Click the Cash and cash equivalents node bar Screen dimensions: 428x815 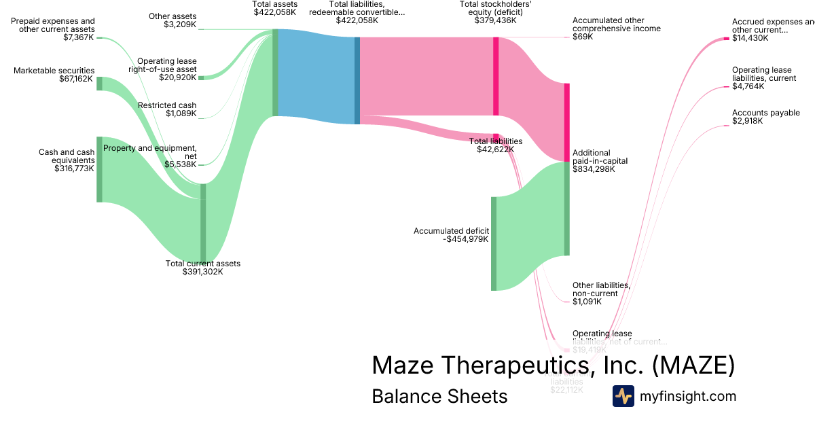(99, 169)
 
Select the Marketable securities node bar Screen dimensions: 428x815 (99, 84)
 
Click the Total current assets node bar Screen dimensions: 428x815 (203, 223)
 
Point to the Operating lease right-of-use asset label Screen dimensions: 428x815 (166, 65)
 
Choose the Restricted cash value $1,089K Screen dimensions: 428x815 (181, 114)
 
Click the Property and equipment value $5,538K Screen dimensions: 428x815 (181, 164)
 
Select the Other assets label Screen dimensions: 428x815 (173, 16)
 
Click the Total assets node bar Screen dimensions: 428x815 (275, 73)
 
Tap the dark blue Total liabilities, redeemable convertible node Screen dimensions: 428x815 (357, 80)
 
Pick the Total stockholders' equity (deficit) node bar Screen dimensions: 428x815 (496, 76)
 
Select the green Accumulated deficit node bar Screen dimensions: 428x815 (494, 243)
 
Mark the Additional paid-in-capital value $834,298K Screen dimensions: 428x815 (594, 169)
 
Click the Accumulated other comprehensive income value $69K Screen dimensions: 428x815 (583, 37)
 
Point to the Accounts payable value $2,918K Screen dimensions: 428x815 (747, 121)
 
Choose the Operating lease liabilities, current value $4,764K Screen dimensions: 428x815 (748, 86)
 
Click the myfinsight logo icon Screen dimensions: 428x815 (623, 396)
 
